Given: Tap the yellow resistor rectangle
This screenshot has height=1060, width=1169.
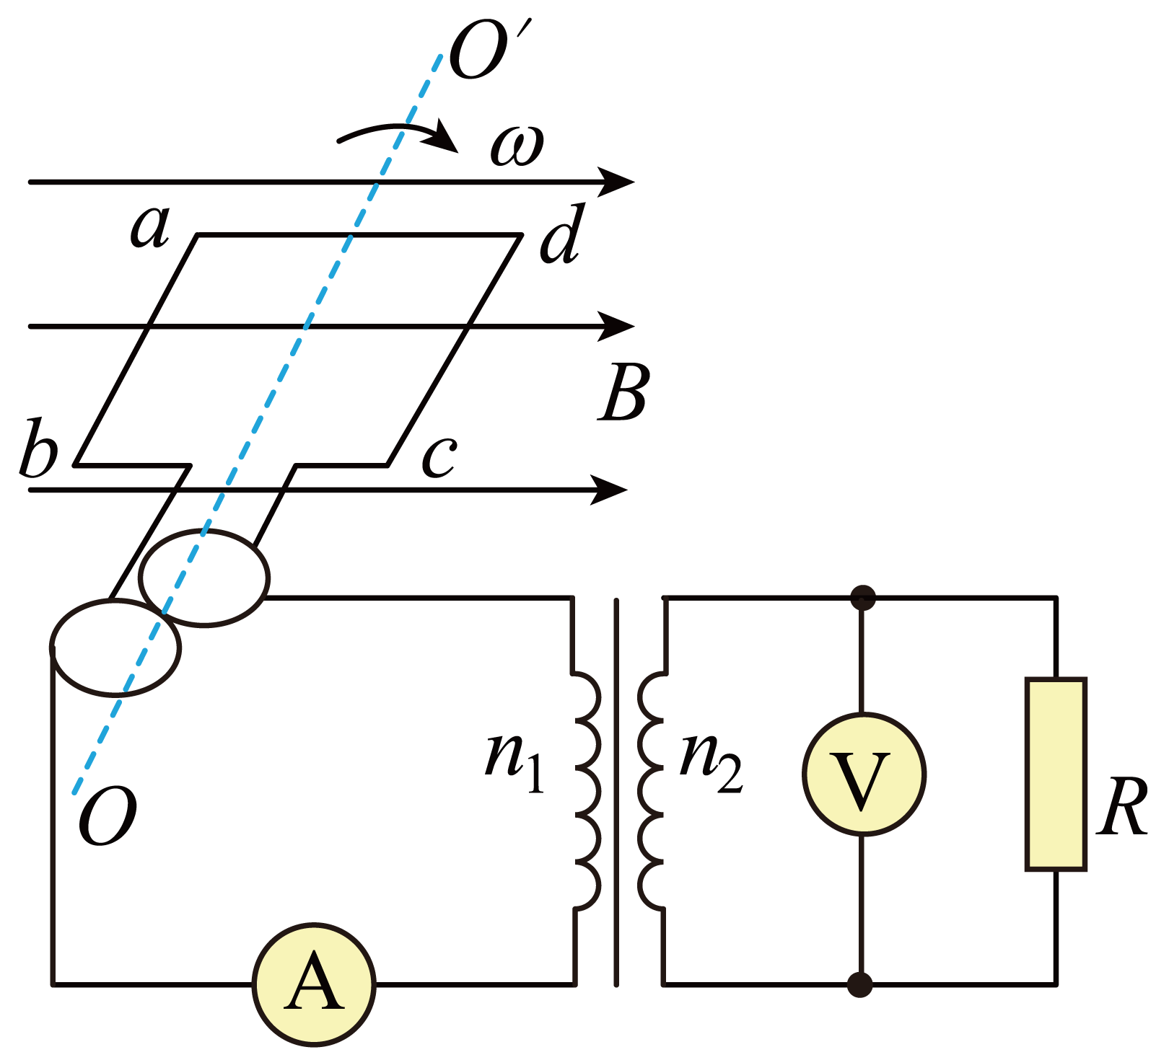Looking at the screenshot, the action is click(1056, 774).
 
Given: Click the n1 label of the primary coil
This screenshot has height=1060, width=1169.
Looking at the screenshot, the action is click(515, 762).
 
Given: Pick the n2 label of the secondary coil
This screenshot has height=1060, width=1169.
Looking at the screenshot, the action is click(711, 762).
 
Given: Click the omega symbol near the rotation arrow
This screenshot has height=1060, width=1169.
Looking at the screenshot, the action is click(517, 146).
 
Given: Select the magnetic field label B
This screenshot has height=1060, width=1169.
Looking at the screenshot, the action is click(624, 392).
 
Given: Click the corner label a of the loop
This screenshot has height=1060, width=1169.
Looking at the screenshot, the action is click(150, 226).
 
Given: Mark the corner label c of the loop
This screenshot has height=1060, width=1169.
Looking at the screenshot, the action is click(439, 457).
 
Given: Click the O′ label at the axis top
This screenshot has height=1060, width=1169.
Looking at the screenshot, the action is click(490, 50).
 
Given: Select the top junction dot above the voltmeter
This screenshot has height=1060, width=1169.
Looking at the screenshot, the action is click(863, 598).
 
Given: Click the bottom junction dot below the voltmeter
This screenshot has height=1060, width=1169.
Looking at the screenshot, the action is click(859, 984).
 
